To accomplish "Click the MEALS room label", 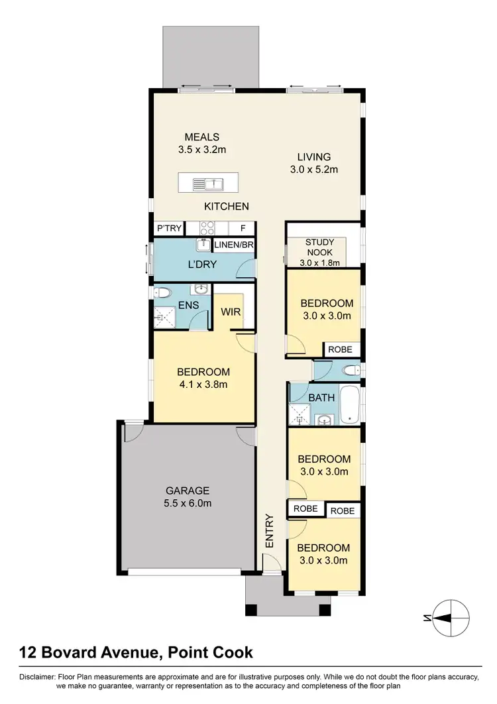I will tap(202, 137).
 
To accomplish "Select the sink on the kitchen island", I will tap(208, 183).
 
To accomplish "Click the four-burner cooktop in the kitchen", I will tap(207, 229).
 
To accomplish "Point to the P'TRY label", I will tap(168, 229).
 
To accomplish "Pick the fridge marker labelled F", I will tap(243, 229).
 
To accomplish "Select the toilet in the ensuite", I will tap(161, 292).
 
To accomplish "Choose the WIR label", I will tap(230, 310).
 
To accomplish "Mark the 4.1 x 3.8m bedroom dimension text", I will tap(203, 384).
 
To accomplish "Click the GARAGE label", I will tap(188, 491).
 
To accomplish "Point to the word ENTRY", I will tap(270, 530).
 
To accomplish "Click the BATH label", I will tap(321, 398).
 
